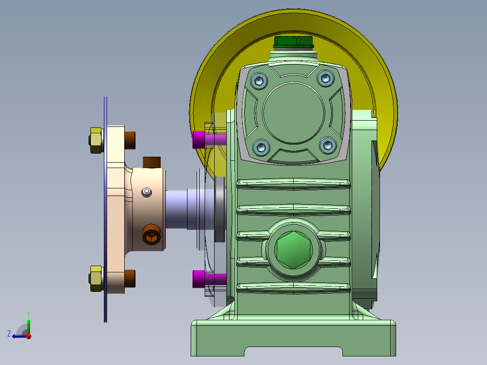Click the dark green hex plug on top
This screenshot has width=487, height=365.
(293, 42)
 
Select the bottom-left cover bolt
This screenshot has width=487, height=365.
(261, 147)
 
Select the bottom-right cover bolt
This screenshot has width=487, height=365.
(328, 145)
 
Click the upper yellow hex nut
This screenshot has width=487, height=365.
(95, 140)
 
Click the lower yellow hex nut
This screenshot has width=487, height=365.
(95, 279)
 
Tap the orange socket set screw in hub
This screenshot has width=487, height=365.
(151, 235)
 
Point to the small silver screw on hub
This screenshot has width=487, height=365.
(146, 192)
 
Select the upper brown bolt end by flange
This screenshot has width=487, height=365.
(130, 140)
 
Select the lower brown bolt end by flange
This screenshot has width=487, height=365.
(130, 278)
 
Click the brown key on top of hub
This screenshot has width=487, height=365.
(152, 162)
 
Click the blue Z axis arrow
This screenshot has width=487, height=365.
(18, 336)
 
